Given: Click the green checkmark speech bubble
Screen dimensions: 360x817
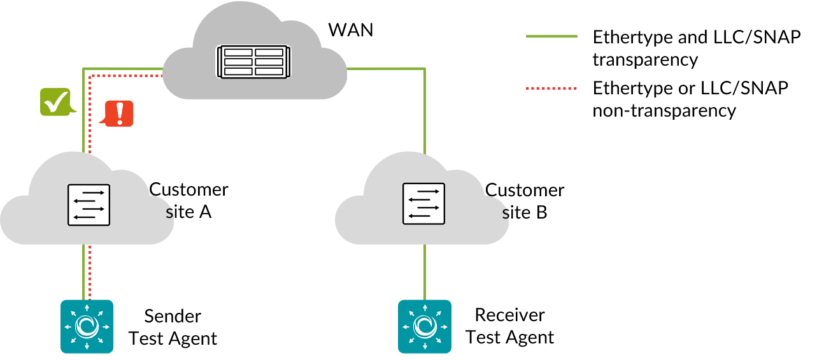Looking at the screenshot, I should (55, 101).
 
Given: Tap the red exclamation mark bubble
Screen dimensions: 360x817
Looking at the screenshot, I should (119, 113).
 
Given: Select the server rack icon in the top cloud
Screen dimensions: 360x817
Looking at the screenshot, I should (253, 62).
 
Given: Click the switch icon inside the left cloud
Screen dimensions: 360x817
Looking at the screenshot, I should (89, 205).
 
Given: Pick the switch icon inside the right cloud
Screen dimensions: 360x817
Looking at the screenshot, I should (423, 204).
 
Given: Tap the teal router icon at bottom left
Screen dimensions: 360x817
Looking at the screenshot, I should (87, 326).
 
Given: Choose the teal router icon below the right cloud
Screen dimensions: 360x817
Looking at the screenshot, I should (425, 326).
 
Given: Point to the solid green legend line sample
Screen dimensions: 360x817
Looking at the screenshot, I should (551, 36).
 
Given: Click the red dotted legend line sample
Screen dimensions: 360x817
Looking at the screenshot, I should (551, 88).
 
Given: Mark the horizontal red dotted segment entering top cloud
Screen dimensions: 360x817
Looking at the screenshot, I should (127, 76).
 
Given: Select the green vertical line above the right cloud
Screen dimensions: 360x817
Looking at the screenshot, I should (425, 112).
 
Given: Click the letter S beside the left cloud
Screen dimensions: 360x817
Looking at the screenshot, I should (169, 214).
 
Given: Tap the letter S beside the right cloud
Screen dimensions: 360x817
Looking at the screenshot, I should (506, 215).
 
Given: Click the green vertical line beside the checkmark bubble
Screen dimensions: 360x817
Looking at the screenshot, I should (83, 134).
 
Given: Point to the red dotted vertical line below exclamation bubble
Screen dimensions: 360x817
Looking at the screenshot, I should (90, 140).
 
